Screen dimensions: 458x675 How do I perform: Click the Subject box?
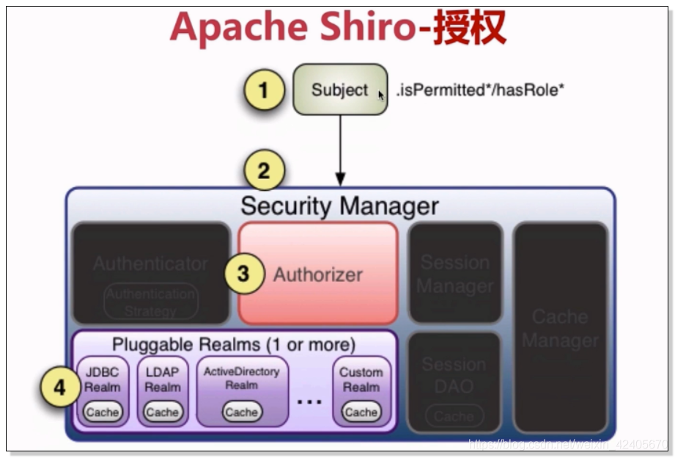coord(340,90)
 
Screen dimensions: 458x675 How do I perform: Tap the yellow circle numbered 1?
coord(263,91)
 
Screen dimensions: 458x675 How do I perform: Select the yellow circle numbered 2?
coord(263,171)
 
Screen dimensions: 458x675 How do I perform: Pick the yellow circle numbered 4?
coord(59,387)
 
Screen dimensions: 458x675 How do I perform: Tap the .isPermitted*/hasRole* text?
coord(480,90)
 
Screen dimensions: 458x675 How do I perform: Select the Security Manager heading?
coord(339,206)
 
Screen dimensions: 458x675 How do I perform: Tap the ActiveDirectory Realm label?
coord(241,378)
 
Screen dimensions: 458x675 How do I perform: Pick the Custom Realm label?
coord(361,379)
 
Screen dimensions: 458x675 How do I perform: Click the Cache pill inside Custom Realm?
coord(361,412)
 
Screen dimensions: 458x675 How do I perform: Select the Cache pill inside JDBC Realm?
coord(102,412)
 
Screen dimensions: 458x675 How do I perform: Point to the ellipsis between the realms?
coord(310,401)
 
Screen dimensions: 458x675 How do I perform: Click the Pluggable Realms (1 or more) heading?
coord(233,343)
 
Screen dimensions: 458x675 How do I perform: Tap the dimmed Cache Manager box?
coord(560,327)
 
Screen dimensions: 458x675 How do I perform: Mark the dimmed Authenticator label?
coord(150,263)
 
